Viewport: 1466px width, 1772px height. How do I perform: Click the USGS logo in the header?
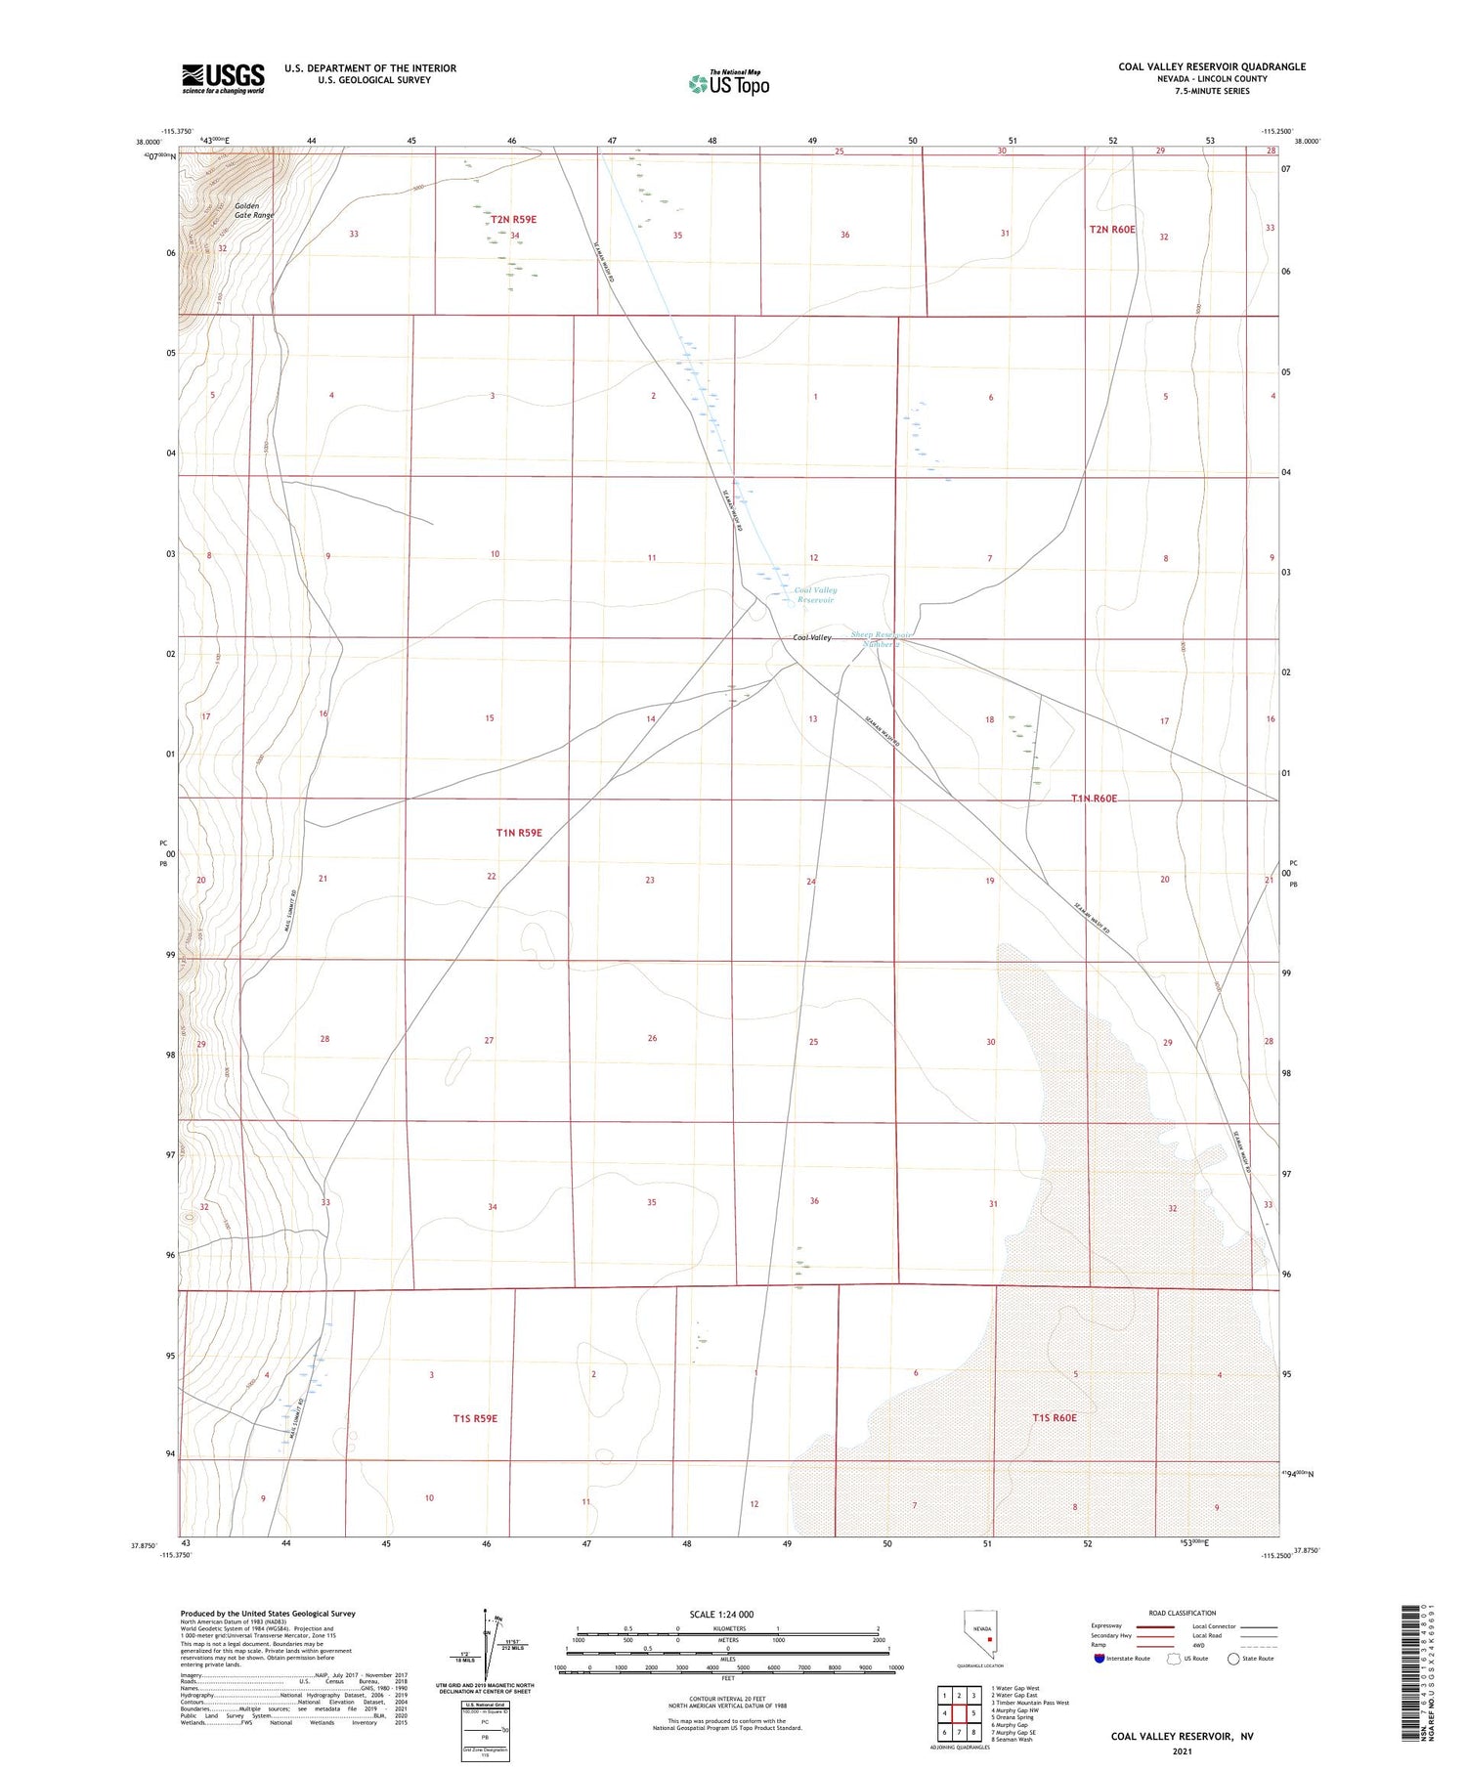223,78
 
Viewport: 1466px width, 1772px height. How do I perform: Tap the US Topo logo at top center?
729,84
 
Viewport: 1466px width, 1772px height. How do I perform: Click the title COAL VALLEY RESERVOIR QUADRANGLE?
1211,66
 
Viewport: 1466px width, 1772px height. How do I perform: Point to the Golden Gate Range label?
253,210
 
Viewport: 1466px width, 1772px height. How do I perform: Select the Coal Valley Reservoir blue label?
815,594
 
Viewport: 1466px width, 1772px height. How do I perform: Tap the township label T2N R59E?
513,220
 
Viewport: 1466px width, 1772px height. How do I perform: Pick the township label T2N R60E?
1112,230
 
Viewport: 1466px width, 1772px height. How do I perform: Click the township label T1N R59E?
518,833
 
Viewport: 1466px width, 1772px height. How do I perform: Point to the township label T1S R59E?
475,1418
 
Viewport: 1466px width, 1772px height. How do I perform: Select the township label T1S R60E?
1054,1417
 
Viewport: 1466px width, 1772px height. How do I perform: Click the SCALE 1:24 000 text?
727,1614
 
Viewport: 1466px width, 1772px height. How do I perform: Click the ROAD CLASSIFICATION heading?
1182,1613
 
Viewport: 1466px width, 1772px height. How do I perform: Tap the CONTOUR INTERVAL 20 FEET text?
727,1699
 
